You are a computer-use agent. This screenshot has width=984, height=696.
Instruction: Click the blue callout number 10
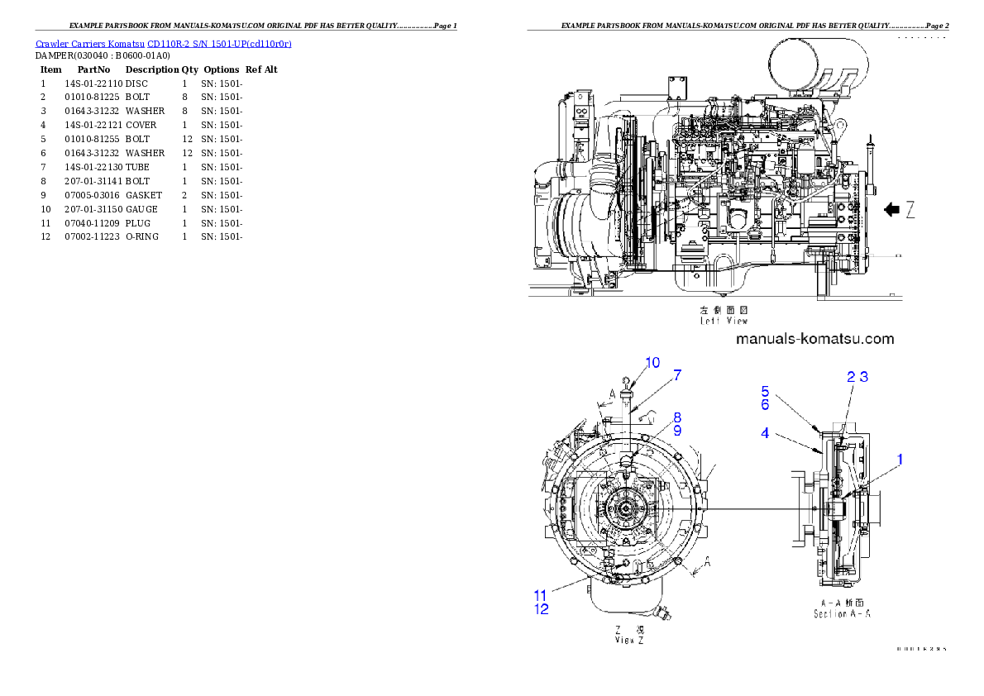(652, 362)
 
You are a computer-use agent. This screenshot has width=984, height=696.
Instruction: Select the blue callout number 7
(677, 375)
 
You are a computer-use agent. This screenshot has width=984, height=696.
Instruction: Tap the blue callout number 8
(676, 418)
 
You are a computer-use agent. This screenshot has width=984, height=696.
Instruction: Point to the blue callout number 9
(676, 431)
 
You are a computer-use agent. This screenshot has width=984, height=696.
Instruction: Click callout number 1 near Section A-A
(900, 459)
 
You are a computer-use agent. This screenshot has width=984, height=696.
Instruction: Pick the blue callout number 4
(765, 432)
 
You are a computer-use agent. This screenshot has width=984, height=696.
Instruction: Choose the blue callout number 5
(765, 392)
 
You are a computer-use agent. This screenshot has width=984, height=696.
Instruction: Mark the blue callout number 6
(765, 405)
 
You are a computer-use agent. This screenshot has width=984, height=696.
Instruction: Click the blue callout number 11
(540, 595)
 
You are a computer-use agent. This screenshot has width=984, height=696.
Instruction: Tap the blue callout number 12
(540, 609)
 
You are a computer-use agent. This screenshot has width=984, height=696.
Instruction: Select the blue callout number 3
(862, 377)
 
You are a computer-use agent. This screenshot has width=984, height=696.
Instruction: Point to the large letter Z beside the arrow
(910, 210)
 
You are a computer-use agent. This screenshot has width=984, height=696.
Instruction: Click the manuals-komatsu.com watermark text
(814, 339)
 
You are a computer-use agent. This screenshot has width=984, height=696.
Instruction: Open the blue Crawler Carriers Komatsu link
(163, 43)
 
